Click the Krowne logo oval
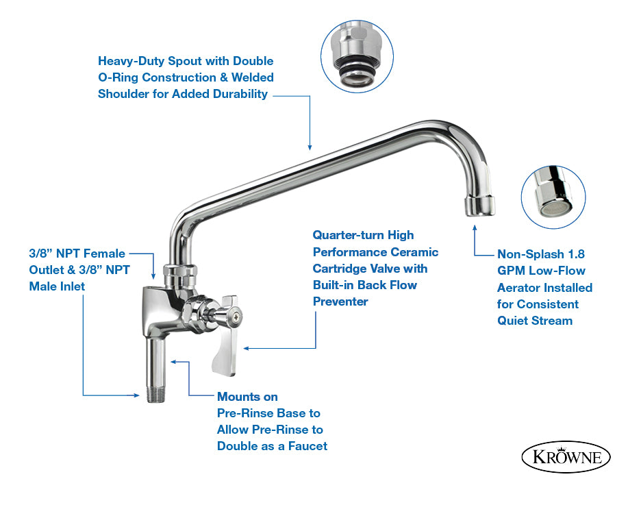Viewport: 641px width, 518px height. pyautogui.click(x=566, y=457)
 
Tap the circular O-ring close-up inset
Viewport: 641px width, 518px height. pyautogui.click(x=357, y=55)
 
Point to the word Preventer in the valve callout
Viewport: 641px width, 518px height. pyautogui.click(x=340, y=301)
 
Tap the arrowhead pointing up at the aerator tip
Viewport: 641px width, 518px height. pyautogui.click(x=475, y=223)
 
